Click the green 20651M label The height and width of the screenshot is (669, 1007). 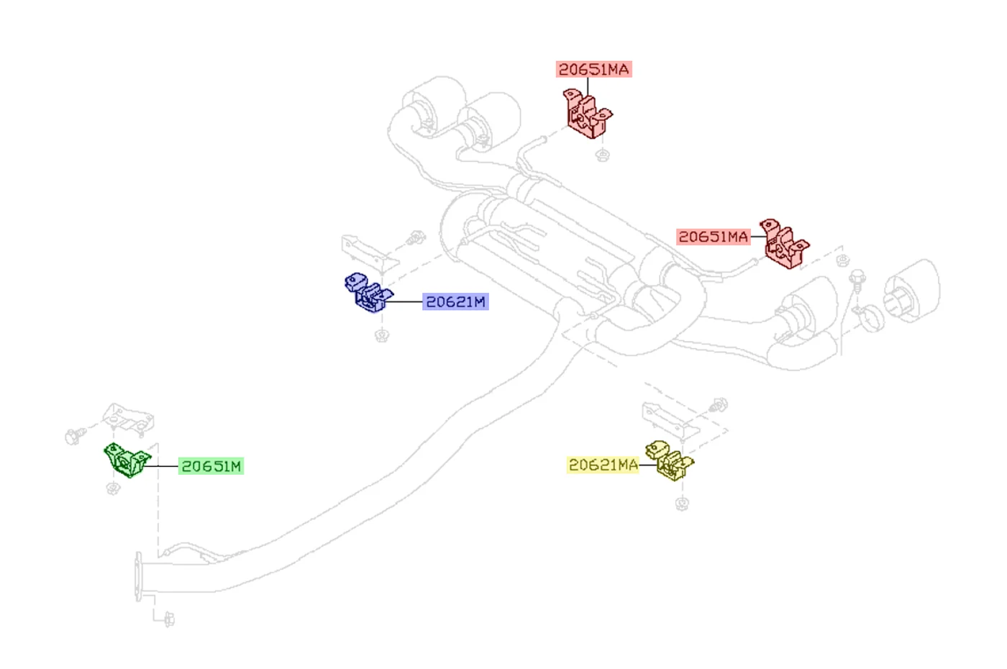tap(211, 466)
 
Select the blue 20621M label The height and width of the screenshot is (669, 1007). tap(455, 301)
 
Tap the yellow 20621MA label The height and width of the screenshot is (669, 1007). tap(603, 465)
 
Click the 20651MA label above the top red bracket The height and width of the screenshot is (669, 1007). tap(594, 69)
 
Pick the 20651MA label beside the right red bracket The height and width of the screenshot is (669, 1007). tap(714, 237)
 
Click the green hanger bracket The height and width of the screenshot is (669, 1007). tap(127, 460)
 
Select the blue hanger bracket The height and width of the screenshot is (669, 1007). tap(368, 292)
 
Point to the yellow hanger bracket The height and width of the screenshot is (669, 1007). tap(668, 460)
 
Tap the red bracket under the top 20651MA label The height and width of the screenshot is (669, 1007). tap(587, 114)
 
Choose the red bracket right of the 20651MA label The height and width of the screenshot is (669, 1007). tap(784, 244)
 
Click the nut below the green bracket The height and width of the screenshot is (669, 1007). tap(113, 488)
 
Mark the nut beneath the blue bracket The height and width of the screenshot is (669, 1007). tap(382, 335)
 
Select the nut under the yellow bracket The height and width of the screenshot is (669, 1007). tap(682, 504)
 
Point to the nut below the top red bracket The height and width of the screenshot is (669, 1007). tap(603, 155)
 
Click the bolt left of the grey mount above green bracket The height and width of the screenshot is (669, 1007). tap(75, 436)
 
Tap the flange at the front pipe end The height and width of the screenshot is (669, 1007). tap(138, 577)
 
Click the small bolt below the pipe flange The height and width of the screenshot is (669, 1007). tap(169, 619)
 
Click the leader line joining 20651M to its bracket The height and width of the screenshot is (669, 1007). tap(161, 466)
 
